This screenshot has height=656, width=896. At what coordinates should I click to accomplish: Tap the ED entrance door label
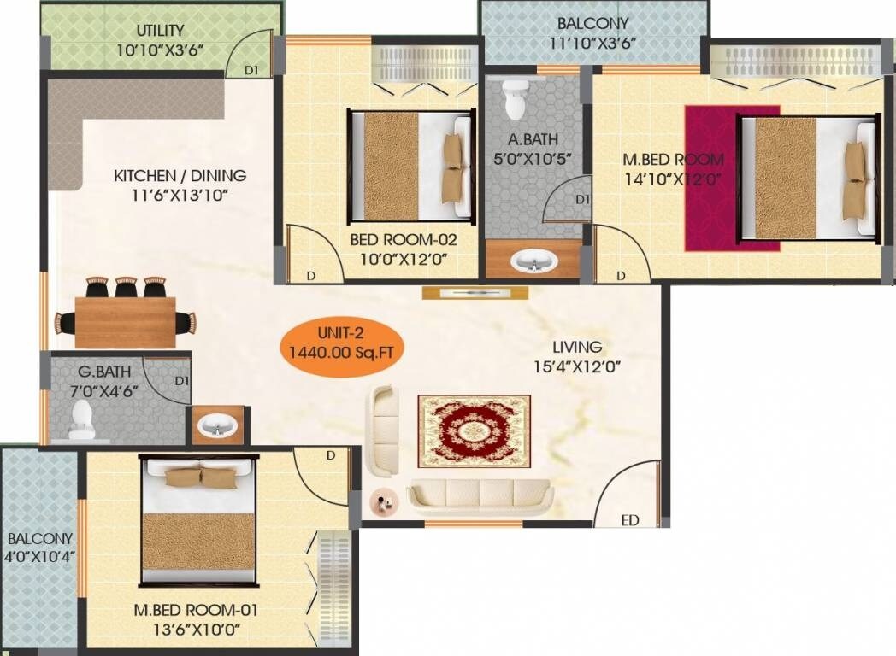629,518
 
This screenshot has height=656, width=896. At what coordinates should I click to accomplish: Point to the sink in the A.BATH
533,260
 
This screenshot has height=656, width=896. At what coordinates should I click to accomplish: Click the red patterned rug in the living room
474,430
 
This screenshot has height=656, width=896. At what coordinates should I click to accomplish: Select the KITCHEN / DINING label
180,176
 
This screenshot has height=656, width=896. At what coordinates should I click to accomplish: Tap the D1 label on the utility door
253,70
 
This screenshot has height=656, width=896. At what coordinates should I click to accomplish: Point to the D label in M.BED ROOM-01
330,455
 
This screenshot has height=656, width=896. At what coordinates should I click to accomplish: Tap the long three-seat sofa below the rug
479,495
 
